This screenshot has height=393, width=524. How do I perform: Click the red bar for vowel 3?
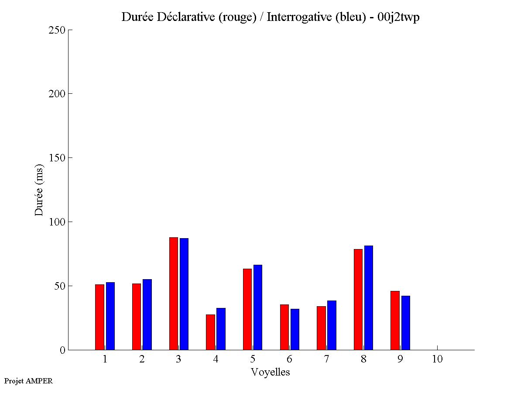point(173,294)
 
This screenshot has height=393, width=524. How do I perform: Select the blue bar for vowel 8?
point(369,298)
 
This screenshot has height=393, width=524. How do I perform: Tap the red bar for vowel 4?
point(210,332)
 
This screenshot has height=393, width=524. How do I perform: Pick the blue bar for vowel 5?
point(258,308)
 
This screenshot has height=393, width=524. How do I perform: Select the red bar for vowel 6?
point(284,327)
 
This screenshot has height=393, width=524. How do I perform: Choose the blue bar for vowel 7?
point(332,325)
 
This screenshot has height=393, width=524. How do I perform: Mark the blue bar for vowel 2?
point(147,314)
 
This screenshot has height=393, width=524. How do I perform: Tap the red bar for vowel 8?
point(358,300)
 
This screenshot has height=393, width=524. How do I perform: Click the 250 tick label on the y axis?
point(57,30)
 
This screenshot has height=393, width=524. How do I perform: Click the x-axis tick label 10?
point(437,359)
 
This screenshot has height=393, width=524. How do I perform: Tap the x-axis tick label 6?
point(289,359)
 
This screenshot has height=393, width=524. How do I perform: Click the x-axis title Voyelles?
point(270,372)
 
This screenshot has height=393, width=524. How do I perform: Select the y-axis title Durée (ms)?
point(39,190)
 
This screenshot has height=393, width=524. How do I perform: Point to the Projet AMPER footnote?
point(28,381)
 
